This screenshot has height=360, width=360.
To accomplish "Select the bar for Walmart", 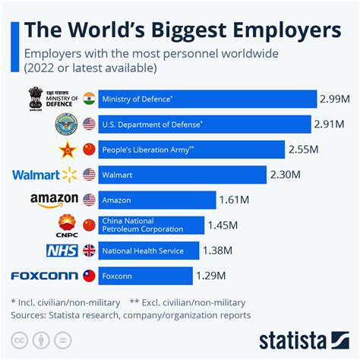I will point(183,175).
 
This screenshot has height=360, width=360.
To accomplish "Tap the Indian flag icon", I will point(89,99).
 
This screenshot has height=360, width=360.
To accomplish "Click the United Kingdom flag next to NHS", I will point(89,250).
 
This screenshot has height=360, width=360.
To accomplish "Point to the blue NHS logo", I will point(62,250).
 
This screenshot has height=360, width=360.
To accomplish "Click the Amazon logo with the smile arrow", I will point(54,200).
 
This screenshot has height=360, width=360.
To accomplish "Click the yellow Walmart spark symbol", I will point(70,175).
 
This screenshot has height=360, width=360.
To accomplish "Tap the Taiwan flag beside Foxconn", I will point(89,276).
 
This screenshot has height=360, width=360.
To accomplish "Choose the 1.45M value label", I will point(225,225).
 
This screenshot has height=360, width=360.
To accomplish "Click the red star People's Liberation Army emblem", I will point(65,150).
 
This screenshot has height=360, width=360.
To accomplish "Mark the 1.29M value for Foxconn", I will point(213,276).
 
